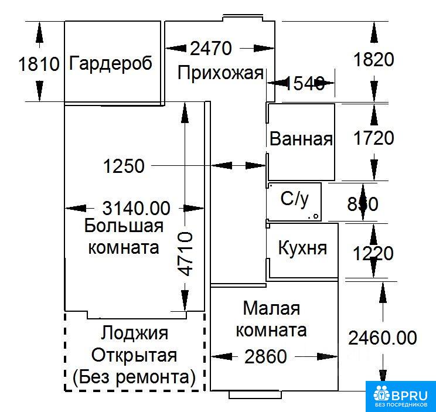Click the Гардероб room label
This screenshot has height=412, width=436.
pos(110,63)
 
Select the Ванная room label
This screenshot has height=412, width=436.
pos(301,139)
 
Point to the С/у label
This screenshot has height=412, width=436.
pos(294,199)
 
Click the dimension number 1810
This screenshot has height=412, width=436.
pos(39,63)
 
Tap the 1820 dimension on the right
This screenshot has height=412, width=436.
pos(372,59)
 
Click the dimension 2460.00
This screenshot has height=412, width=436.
pos(383,338)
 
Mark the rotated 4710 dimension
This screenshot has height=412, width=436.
pos(185,254)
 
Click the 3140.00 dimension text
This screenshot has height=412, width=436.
pos(136,207)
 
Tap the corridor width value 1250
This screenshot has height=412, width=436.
pos(124,166)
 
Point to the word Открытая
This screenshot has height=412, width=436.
pos(134,355)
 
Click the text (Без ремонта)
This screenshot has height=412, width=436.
pos(134,377)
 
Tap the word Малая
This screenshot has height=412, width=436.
pos(271,308)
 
